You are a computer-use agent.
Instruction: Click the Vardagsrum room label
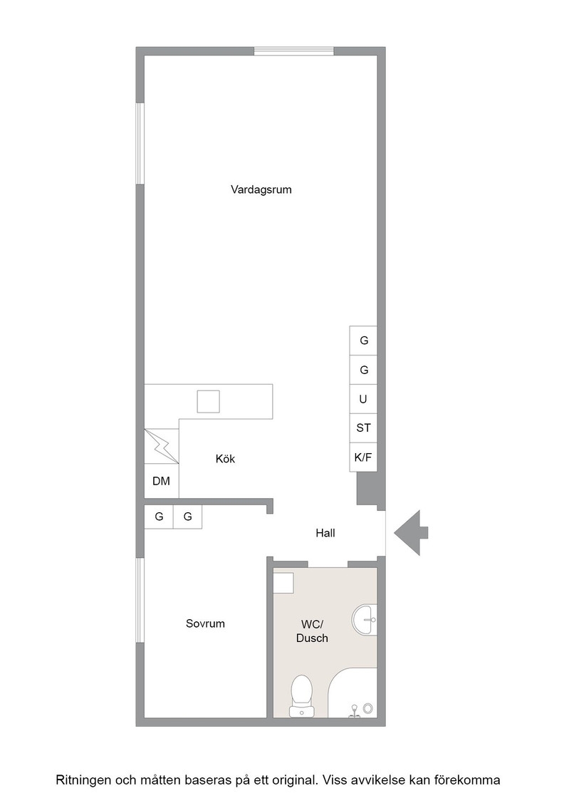pyautogui.click(x=261, y=190)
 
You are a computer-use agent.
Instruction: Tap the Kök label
pyautogui.click(x=225, y=459)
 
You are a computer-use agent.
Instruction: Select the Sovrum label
pyautogui.click(x=205, y=623)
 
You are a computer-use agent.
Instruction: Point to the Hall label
pyautogui.click(x=325, y=533)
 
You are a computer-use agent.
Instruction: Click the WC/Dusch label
pyautogui.click(x=312, y=631)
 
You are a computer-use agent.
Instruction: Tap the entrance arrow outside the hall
pyautogui.click(x=411, y=533)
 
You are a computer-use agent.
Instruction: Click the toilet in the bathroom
pyautogui.click(x=301, y=696)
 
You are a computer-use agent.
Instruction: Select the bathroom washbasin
pyautogui.click(x=365, y=620)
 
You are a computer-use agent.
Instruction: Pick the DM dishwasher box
pyautogui.click(x=162, y=481)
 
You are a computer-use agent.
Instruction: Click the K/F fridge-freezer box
pyautogui.click(x=363, y=457)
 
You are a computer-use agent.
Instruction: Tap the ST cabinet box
pyautogui.click(x=363, y=428)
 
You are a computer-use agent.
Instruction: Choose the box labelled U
pyautogui.click(x=363, y=399)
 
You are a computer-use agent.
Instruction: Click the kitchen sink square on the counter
pyautogui.click(x=209, y=402)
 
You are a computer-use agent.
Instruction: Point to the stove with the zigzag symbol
pyautogui.click(x=162, y=446)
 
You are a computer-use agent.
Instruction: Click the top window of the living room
pyautogui.click(x=294, y=51)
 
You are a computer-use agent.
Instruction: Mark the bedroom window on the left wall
pyautogui.click(x=140, y=601)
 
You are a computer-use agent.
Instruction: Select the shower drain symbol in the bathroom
pyautogui.click(x=367, y=708)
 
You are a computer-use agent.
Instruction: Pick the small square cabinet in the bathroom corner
pyautogui.click(x=283, y=583)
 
